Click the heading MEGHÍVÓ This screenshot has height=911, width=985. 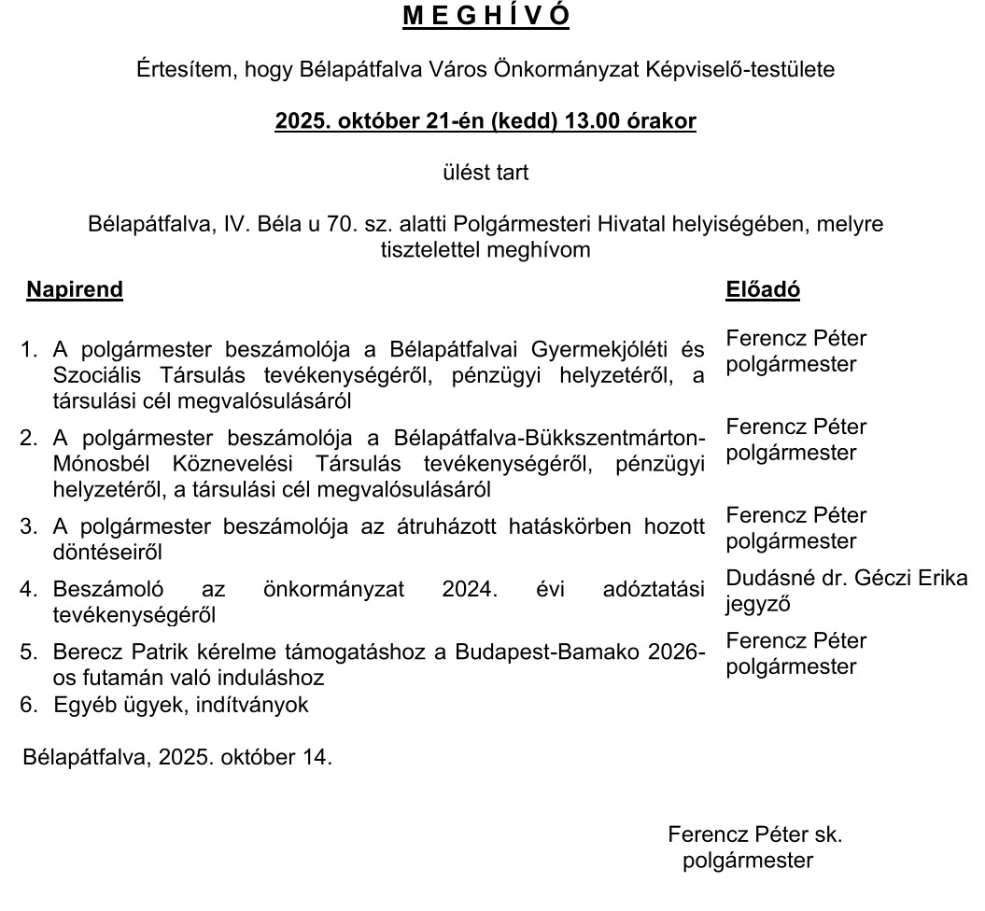(x=486, y=17)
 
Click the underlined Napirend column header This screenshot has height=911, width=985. (x=75, y=289)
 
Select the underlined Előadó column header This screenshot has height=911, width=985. (x=763, y=289)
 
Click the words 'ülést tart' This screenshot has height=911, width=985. (x=485, y=173)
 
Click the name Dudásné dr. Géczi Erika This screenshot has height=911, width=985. (x=847, y=578)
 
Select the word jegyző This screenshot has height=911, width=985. (x=758, y=604)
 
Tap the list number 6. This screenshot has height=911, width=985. (x=28, y=705)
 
